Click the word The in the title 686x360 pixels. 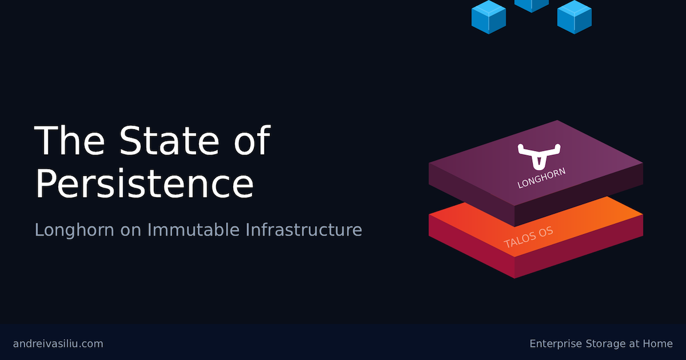pos(68,141)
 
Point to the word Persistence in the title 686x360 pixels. pos(144,185)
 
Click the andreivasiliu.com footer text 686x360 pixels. pos(58,343)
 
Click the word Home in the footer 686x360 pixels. pos(657,343)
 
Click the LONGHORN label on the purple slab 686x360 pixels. pos(541,178)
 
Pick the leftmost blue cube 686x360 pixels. pos(489,17)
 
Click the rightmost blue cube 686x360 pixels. pos(575,17)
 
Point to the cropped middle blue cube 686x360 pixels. pos(532,5)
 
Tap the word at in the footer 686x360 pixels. pos(632,343)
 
